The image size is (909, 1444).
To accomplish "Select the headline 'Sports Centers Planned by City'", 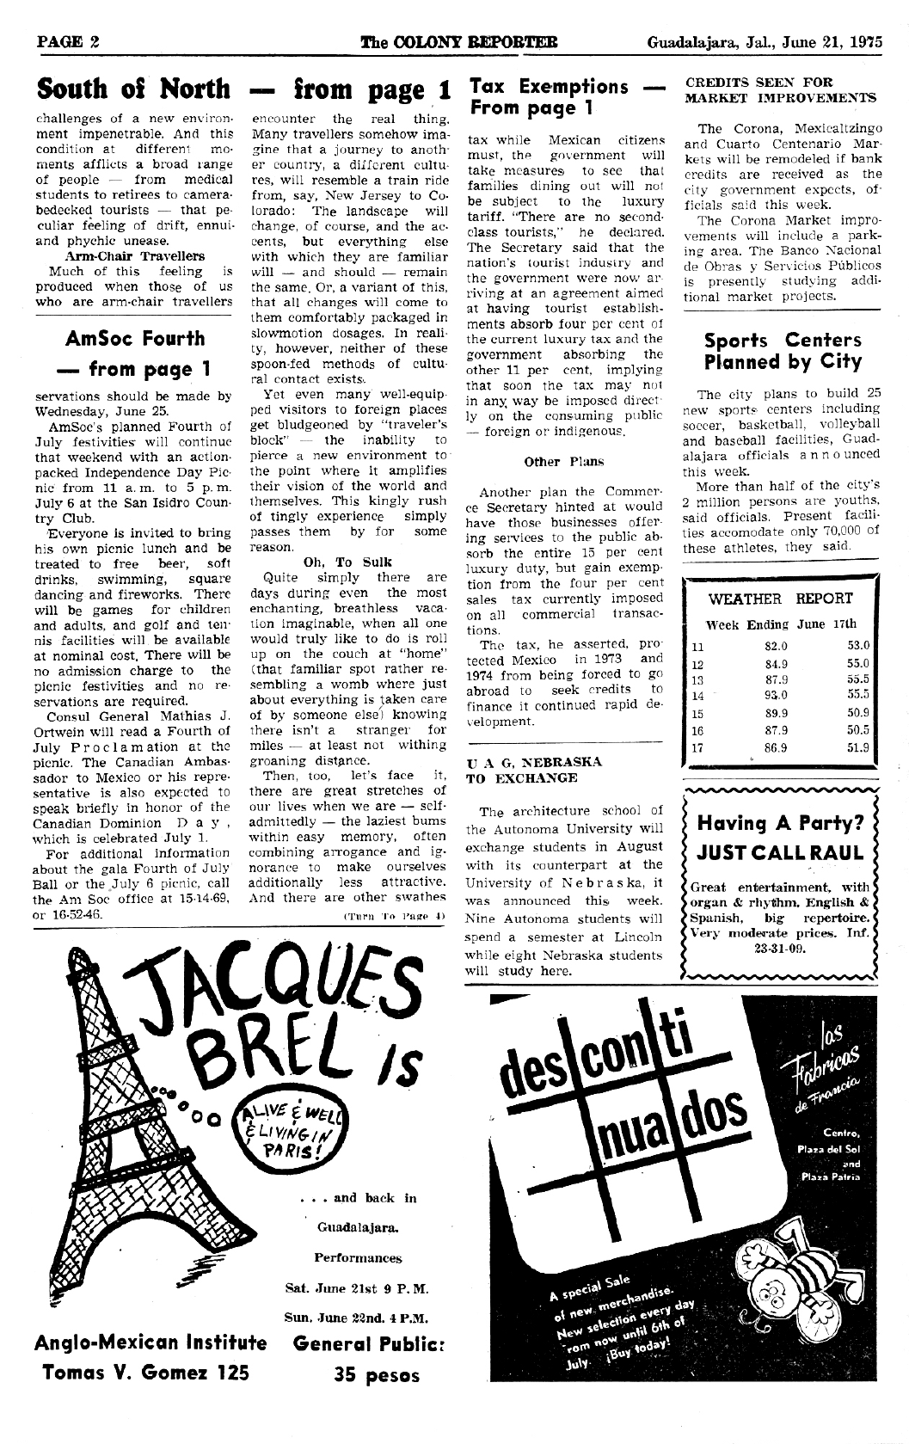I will (782, 351).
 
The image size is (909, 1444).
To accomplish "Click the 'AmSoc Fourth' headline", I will (135, 339).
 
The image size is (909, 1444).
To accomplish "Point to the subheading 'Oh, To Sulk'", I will (348, 562).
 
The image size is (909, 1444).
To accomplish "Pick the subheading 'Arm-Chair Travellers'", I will (135, 255).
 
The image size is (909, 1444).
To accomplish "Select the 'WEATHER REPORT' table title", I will (780, 599).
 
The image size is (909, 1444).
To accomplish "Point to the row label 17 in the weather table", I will (697, 747).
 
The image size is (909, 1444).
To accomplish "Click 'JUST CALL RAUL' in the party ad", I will (780, 852).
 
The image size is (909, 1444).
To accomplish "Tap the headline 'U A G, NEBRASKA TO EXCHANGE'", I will (533, 770).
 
